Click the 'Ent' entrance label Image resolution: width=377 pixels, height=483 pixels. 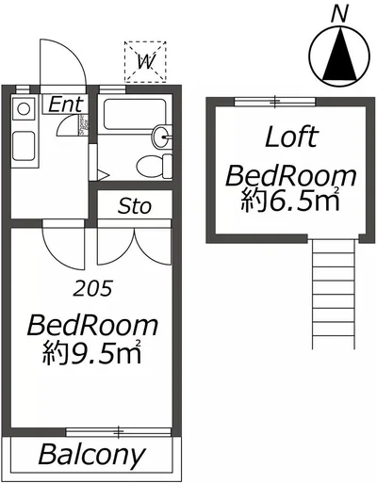tap(66, 105)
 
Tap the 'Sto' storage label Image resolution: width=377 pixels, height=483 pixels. tap(135, 206)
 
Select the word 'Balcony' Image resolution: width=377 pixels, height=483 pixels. tap(92, 454)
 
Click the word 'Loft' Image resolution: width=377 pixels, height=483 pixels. tap(292, 137)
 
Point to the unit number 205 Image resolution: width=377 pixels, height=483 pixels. tap(92, 288)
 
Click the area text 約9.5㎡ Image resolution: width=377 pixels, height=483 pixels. tap(91, 352)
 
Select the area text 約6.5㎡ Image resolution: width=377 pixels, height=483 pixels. tap(290, 200)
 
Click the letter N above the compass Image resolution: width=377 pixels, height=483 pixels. tap(340, 14)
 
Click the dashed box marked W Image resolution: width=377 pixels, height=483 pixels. tap(145, 62)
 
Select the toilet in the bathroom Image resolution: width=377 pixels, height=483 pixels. tap(155, 167)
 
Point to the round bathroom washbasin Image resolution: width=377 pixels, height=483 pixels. tap(161, 137)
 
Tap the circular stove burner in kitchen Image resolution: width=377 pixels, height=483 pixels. tap(24, 109)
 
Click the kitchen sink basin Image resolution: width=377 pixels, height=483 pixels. tap(24, 146)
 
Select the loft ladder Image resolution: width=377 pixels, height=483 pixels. tap(334, 294)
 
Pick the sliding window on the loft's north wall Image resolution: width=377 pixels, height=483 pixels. tap(275, 102)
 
